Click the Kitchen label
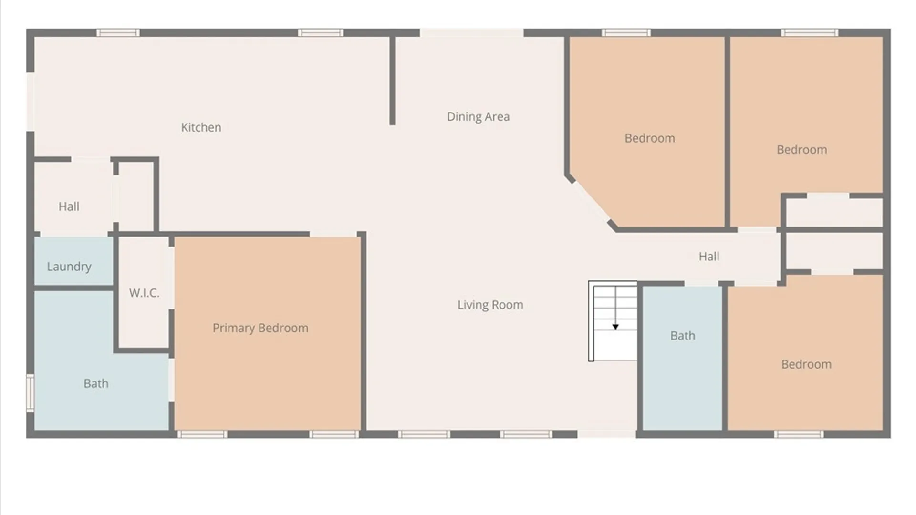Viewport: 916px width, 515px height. (x=201, y=127)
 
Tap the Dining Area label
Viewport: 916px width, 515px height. (x=478, y=117)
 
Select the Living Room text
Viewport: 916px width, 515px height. (x=490, y=305)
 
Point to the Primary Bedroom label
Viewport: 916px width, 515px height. (x=260, y=328)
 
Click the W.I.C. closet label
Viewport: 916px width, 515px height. (x=144, y=293)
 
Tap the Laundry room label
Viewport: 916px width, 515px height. (x=69, y=267)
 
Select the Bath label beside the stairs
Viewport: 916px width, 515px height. (x=683, y=336)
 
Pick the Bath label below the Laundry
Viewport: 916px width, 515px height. (x=96, y=383)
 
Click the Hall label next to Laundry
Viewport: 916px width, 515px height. (x=69, y=206)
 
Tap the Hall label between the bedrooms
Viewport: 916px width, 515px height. (x=709, y=257)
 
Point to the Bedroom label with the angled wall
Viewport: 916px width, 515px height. (x=650, y=138)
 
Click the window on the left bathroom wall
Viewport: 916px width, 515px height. (x=30, y=393)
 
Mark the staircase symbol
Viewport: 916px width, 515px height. (x=613, y=321)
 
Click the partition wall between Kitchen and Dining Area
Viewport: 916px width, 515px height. (x=392, y=81)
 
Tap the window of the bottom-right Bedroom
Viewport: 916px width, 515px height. (x=799, y=434)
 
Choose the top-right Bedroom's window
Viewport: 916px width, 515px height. (x=810, y=33)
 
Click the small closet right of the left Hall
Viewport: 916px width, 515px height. (x=136, y=196)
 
